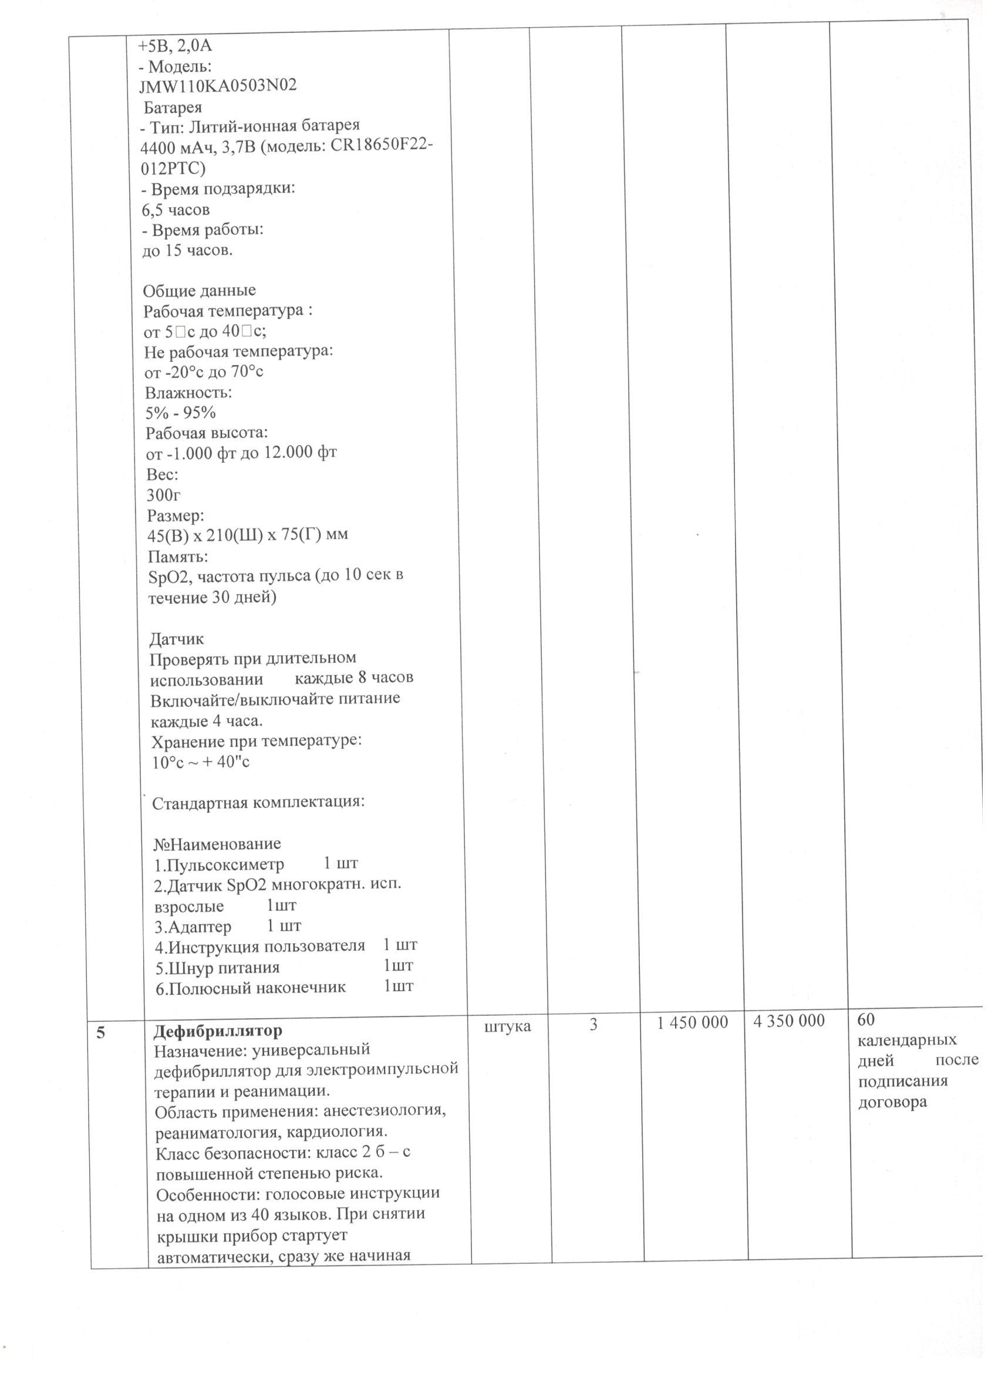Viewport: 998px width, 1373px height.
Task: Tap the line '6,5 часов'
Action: tap(176, 210)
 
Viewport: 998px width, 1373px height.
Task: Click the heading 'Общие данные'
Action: tap(199, 291)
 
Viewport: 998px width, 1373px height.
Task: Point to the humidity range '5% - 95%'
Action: tap(180, 413)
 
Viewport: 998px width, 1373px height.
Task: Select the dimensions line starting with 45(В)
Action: tap(248, 535)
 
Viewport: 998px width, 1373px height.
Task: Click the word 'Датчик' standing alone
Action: tap(177, 639)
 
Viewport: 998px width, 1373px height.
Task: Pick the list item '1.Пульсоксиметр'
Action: tap(219, 864)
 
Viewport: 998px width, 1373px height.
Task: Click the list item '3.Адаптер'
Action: tap(193, 926)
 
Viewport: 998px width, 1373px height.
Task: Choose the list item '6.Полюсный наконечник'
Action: tap(251, 988)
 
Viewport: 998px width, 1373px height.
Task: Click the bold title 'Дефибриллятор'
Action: tap(218, 1031)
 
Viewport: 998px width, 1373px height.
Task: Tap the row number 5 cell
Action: tap(100, 1033)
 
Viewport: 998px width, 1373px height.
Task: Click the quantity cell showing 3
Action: tap(594, 1024)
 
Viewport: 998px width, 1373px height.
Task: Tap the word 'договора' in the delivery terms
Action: tap(893, 1102)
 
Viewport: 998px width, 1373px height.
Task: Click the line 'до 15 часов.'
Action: tap(187, 251)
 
